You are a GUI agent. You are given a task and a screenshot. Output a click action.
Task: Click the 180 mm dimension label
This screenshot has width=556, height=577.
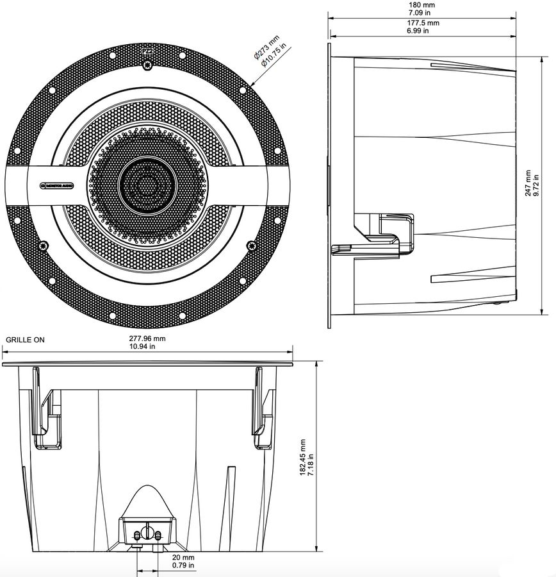[423, 4]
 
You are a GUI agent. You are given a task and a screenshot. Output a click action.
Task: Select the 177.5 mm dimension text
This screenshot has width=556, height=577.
[423, 22]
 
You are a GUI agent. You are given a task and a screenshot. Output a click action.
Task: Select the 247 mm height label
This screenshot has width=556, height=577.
[527, 183]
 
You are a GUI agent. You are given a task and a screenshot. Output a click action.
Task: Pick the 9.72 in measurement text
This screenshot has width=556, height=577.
[536, 183]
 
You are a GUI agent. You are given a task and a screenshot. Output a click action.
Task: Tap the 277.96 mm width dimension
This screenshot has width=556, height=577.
[147, 338]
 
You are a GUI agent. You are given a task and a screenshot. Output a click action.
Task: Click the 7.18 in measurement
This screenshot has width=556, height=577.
[312, 463]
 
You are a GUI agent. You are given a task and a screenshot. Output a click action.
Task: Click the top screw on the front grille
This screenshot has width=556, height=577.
[149, 66]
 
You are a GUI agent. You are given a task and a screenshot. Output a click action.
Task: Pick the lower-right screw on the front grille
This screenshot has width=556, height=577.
[252, 244]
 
